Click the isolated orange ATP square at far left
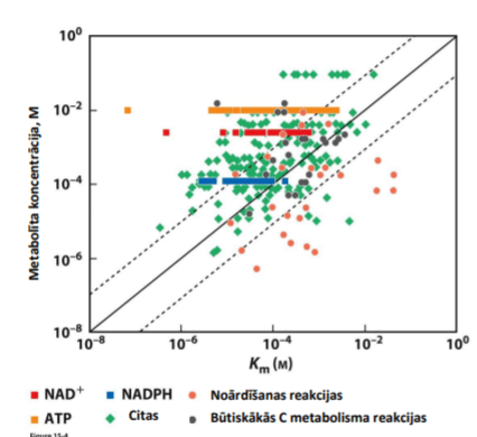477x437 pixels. coord(127,110)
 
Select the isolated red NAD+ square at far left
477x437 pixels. coord(166,133)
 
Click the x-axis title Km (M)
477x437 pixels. coord(271,364)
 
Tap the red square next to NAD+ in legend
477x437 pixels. coord(35,395)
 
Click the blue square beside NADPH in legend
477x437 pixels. coord(111,395)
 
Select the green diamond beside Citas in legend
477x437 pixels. coord(110,419)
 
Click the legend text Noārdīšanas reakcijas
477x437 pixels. coord(276,395)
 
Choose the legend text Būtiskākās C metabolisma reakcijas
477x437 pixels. coord(318,418)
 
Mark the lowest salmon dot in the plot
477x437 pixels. coord(257,269)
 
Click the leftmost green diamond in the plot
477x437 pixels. coord(160,228)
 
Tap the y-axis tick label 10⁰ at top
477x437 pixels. coord(71,35)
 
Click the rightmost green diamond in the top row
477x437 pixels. coord(373,75)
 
